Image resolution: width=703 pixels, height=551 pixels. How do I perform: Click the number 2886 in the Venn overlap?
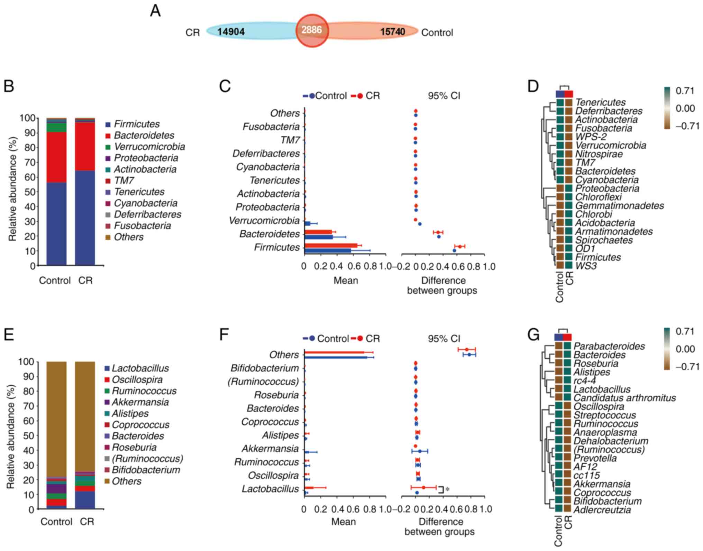[x=311, y=30]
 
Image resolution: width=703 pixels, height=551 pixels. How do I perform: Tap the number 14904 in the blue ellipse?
[x=231, y=32]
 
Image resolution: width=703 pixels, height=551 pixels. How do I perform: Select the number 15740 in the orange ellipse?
[x=393, y=32]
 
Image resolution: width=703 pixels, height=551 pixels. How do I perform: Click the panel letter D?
[x=533, y=86]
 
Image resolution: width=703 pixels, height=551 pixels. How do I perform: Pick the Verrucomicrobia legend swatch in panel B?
[x=108, y=147]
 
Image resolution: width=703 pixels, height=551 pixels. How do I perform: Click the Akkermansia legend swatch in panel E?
[x=107, y=402]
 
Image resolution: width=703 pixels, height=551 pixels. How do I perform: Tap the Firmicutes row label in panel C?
[x=277, y=247]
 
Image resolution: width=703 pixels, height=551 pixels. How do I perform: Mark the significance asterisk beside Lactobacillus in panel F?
[x=447, y=489]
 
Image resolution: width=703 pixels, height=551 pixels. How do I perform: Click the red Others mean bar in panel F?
[x=334, y=352]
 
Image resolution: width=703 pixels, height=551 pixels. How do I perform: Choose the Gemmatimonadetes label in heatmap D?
[x=620, y=206]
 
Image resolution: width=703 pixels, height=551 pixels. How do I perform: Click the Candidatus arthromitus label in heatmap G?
[x=625, y=398]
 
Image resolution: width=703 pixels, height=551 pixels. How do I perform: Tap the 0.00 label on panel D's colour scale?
[x=685, y=109]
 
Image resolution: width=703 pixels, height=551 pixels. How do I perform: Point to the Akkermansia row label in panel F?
[x=270, y=449]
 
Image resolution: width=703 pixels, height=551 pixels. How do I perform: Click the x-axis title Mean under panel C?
[x=345, y=281]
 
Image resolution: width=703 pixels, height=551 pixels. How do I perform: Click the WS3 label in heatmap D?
[x=586, y=266]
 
